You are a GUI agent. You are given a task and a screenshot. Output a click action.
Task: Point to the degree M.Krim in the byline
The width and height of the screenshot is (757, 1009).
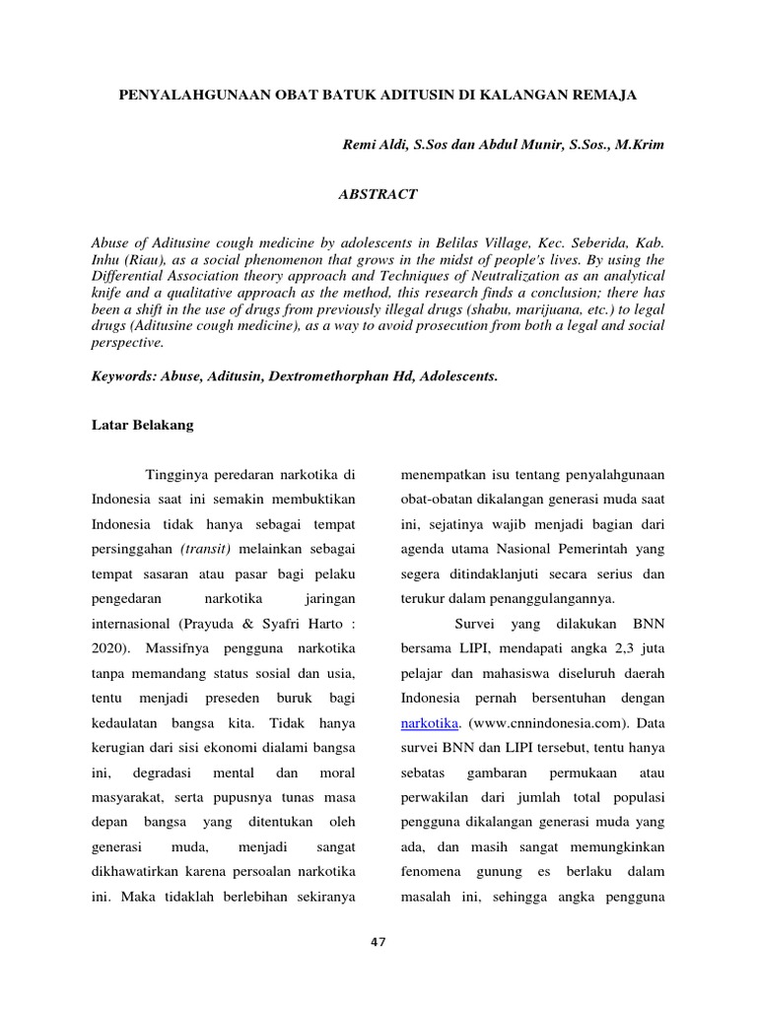(x=640, y=145)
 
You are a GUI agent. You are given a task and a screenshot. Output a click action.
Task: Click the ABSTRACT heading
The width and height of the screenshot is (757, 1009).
(x=378, y=195)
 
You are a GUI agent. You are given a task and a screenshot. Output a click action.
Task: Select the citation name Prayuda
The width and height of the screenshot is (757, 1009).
(x=214, y=623)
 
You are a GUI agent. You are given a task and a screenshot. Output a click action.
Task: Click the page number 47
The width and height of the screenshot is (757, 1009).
(x=378, y=942)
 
